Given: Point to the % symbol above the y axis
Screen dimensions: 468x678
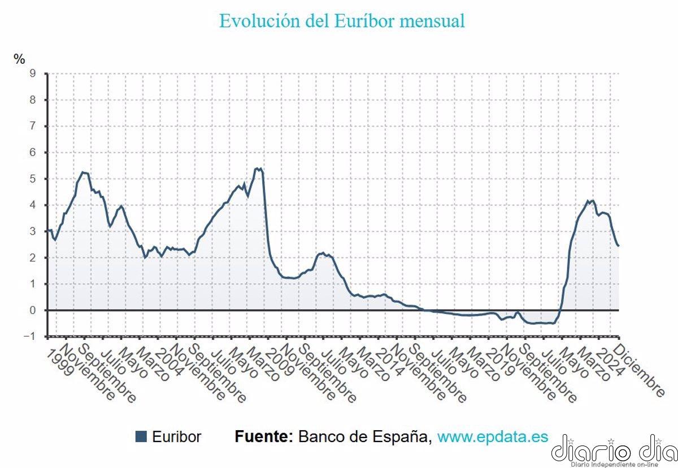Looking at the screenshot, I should point(20,59).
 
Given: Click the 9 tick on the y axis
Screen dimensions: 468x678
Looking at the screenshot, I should point(33,73).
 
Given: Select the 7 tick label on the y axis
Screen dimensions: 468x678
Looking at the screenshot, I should point(33,126).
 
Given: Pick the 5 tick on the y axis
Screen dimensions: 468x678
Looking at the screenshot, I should point(33,178).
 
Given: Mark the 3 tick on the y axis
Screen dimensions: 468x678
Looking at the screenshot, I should point(33,231).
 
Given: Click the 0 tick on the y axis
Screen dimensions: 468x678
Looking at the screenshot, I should point(33,310).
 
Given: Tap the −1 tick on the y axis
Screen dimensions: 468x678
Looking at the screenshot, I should point(30,336).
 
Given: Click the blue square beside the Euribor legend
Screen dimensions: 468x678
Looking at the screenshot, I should point(141,436).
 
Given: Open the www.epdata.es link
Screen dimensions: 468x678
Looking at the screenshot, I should point(493,436).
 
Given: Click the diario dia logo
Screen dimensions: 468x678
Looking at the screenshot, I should point(614,450).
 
